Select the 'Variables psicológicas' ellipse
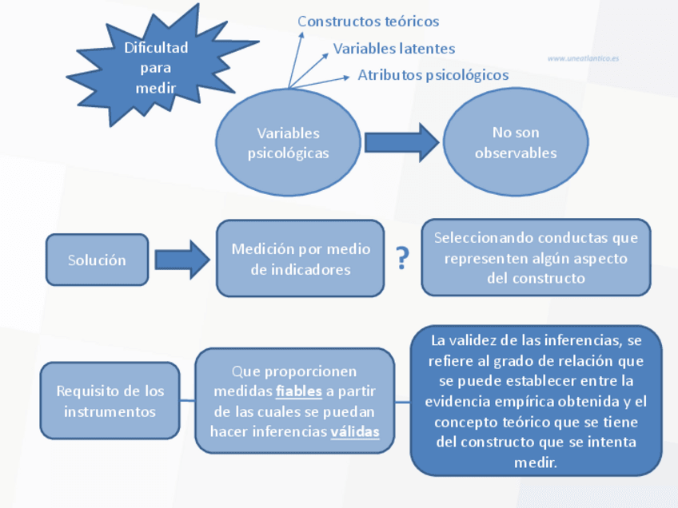(288, 143)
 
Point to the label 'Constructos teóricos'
(369, 22)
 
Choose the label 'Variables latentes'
(394, 49)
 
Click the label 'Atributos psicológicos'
(433, 75)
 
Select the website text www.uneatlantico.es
(584, 58)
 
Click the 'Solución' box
(97, 260)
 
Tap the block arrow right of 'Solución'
(181, 260)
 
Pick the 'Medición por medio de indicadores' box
(301, 259)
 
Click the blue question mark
(403, 259)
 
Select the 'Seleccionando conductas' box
(536, 257)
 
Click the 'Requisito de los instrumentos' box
(110, 401)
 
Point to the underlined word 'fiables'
(299, 391)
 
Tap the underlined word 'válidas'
(354, 431)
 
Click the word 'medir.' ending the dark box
(536, 462)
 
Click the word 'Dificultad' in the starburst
(156, 48)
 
